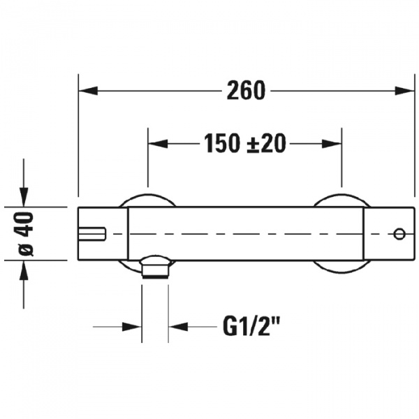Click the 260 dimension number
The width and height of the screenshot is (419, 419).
pyautogui.click(x=246, y=91)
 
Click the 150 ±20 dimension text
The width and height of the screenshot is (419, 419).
pyautogui.click(x=245, y=143)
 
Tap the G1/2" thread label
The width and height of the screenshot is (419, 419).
pyautogui.click(x=251, y=326)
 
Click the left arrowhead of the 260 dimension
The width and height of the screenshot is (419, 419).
pyautogui.click(x=88, y=91)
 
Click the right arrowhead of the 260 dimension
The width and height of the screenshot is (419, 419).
pyautogui.click(x=404, y=91)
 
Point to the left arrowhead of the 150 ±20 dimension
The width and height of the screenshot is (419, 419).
pyautogui.click(x=158, y=144)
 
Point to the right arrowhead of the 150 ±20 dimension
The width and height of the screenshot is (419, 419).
pyautogui.click(x=332, y=144)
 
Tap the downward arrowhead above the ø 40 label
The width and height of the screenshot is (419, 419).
pyautogui.click(x=24, y=197)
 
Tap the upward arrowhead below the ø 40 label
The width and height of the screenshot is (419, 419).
pyautogui.click(x=24, y=270)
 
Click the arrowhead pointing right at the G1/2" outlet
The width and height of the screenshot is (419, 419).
pyautogui.click(x=132, y=327)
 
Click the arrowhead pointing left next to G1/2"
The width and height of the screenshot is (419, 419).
pyautogui.click(x=178, y=327)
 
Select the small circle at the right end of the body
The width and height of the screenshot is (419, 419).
pyautogui.click(x=399, y=234)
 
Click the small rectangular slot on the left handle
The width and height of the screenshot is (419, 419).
pyautogui.click(x=91, y=234)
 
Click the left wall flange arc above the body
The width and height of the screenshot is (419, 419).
pyautogui.click(x=147, y=200)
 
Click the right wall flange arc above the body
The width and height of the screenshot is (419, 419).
pyautogui.click(x=341, y=200)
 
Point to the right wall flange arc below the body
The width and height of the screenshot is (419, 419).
pyautogui.click(x=341, y=267)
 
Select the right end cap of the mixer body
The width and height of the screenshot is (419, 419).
pyautogui.click(x=389, y=233)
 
